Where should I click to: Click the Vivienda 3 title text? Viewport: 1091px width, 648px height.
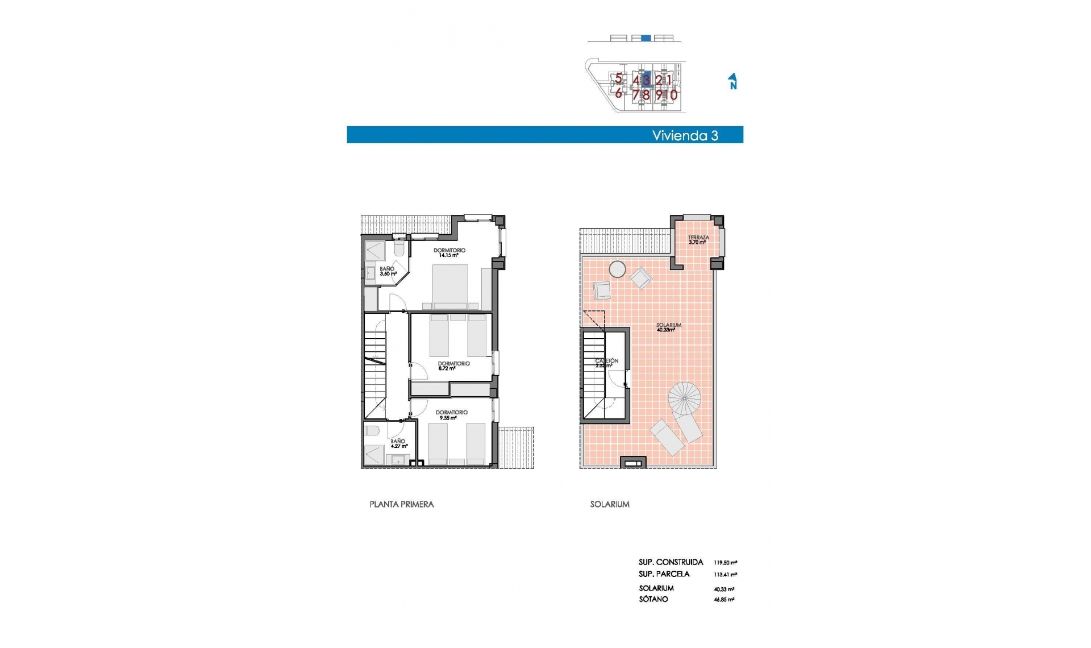tap(685, 135)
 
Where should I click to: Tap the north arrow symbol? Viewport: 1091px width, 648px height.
tap(733, 81)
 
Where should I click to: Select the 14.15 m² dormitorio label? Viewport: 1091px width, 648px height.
tap(449, 253)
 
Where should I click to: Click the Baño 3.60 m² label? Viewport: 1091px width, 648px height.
tap(388, 271)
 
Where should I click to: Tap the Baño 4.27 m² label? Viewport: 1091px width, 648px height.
tap(398, 443)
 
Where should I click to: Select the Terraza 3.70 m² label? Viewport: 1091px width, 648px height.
tap(698, 240)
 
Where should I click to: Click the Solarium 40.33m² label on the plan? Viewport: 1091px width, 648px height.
tap(668, 327)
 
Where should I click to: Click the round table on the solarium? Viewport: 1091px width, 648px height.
tap(617, 269)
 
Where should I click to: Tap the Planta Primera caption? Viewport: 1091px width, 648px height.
tap(401, 504)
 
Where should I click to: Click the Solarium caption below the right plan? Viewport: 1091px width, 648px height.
tap(609, 504)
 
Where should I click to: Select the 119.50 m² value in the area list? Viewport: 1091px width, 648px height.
tap(725, 563)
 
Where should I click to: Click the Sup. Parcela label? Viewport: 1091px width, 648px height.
tap(664, 574)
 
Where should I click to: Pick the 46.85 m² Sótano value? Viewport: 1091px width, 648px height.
tap(723, 600)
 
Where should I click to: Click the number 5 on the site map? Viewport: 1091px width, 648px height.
tap(618, 79)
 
